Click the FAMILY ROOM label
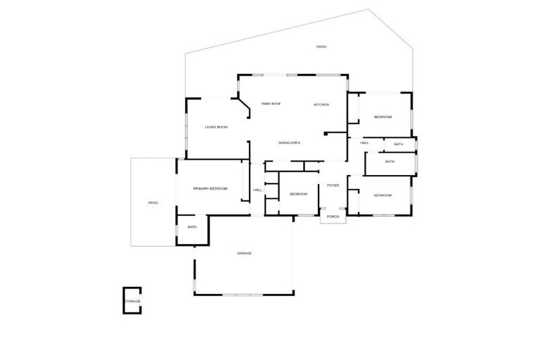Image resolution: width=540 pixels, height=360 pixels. pos(271,103)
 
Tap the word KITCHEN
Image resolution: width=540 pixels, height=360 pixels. pos(321,105)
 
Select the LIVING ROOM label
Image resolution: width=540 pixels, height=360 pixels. pos(216,127)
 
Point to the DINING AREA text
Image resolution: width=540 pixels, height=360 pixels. pos(289,143)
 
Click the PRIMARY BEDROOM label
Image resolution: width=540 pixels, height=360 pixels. pos(210,188)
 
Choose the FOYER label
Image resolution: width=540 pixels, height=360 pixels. pos(333,185)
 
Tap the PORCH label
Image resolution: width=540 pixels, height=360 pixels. pos(333,217)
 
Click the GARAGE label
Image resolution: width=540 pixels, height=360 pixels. pos(244,253)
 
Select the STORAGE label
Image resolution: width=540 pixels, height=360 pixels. pos(132,301)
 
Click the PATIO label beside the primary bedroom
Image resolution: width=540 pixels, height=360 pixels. pos(153,203)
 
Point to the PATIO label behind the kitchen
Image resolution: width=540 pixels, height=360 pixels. pos(321,46)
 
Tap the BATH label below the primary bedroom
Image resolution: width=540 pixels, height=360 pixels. pos(192,226)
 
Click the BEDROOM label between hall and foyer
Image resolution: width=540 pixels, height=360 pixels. pos(299,194)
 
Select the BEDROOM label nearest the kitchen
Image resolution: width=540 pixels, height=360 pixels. pos(382,117)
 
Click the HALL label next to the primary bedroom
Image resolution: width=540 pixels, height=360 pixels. pos(257,190)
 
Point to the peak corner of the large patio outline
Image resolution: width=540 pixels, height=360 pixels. pos(368,9)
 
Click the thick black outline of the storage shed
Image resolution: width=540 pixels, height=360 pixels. pos(125,295)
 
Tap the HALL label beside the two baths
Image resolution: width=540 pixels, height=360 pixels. pos(365,143)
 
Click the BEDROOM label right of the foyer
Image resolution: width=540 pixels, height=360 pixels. pos(382,195)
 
